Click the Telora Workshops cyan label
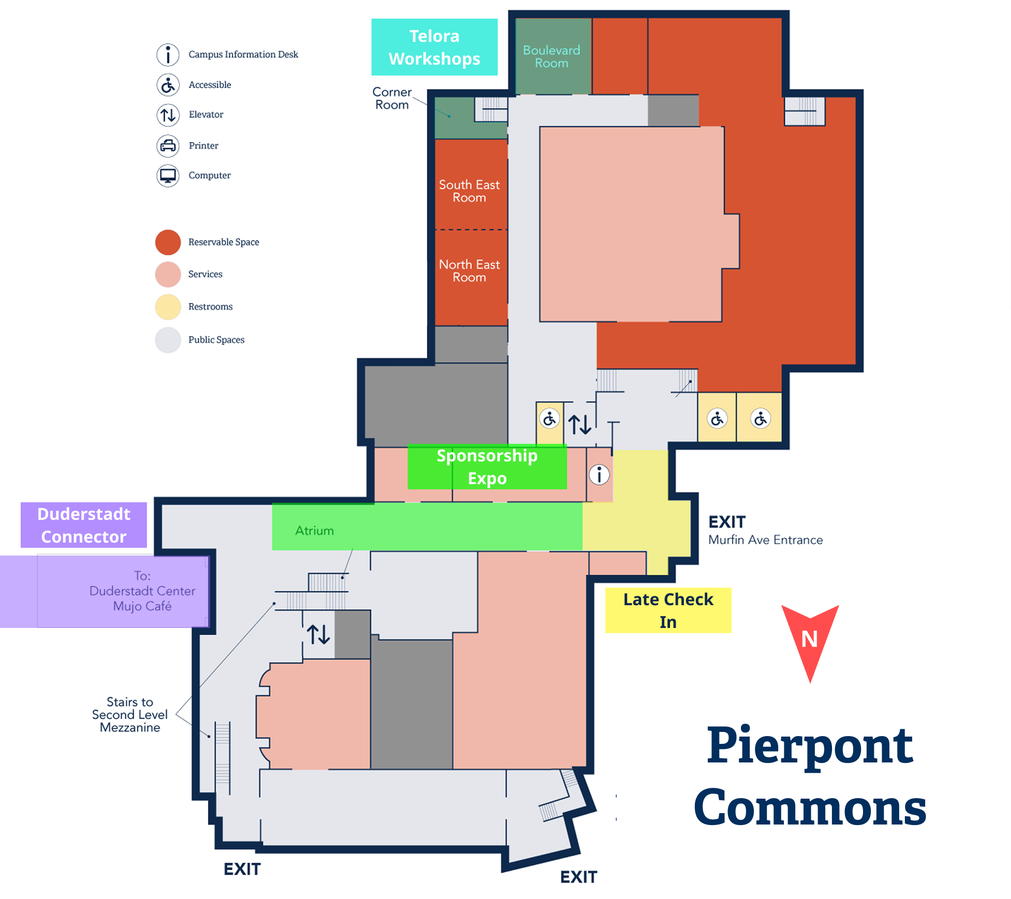point(434,47)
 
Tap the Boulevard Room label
point(552,57)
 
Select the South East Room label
point(469,191)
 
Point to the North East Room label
point(469,271)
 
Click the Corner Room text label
point(392,98)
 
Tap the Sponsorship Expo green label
point(487,467)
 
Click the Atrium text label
point(315,531)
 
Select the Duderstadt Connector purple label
point(84,525)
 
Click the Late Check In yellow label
point(668,610)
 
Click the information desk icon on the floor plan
point(599,474)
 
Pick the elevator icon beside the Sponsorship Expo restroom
point(579,424)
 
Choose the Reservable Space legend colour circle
point(168,242)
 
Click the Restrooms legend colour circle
point(168,307)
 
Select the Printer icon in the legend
point(168,146)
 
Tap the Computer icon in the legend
point(168,176)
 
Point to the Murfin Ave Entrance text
point(765,540)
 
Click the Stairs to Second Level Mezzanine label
point(130,715)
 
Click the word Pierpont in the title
point(810,747)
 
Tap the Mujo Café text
point(142,606)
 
